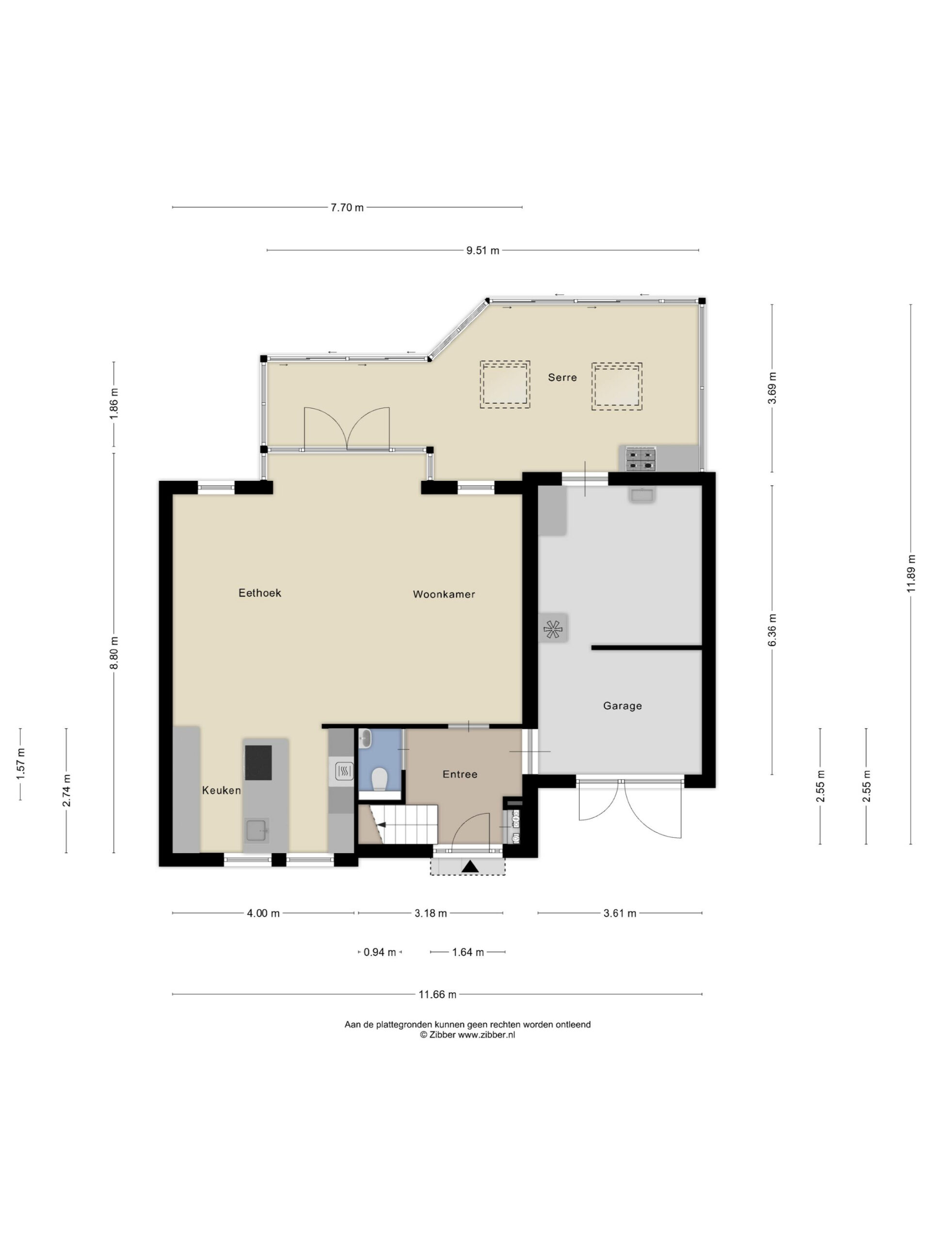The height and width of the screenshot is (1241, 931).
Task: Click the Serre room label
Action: (562, 378)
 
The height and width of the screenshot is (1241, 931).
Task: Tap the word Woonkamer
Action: (444, 594)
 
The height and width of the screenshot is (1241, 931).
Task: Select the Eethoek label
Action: (260, 593)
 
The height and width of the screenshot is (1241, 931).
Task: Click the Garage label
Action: (622, 706)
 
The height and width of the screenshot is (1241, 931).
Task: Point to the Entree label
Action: (460, 774)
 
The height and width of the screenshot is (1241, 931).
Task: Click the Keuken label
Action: (222, 791)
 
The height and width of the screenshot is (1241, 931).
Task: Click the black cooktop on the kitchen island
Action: (258, 763)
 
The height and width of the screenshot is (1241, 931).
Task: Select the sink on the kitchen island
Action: (257, 830)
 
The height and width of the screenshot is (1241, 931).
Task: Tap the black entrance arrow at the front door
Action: (470, 867)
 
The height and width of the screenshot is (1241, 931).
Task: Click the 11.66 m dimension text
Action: (438, 995)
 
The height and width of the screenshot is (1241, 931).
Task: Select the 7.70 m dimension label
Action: (347, 207)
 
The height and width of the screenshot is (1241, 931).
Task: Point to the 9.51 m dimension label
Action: (482, 251)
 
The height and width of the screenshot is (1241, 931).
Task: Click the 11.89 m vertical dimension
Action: (911, 573)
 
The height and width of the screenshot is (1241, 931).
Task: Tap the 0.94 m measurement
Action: (380, 952)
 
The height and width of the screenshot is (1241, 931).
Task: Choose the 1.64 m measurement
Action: (468, 952)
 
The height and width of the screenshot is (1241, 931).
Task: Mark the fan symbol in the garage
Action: (553, 630)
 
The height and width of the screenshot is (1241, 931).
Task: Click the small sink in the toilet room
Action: (364, 739)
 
